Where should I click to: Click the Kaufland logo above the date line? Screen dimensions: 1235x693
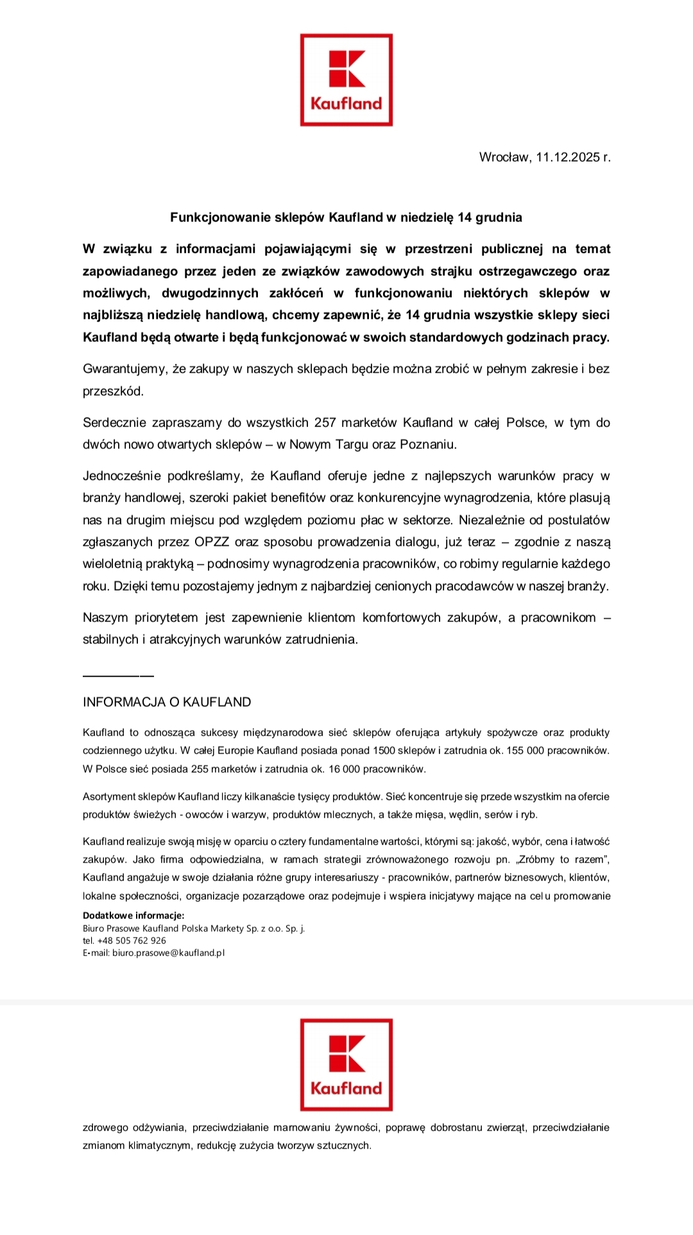tap(346, 80)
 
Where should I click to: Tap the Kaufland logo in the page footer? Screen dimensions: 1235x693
tap(346, 1064)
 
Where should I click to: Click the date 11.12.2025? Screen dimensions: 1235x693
tap(568, 157)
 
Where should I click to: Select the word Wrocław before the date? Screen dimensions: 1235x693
tap(504, 157)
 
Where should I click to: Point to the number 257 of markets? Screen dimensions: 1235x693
tap(325, 423)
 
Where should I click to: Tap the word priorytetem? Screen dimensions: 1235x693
tap(166, 617)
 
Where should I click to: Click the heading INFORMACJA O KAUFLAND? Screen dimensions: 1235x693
tap(167, 702)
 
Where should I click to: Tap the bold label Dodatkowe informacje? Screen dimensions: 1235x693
tap(133, 916)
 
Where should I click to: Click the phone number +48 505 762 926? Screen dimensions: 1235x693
tap(132, 941)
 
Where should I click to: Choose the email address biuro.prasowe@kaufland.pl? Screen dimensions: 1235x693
tap(168, 953)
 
